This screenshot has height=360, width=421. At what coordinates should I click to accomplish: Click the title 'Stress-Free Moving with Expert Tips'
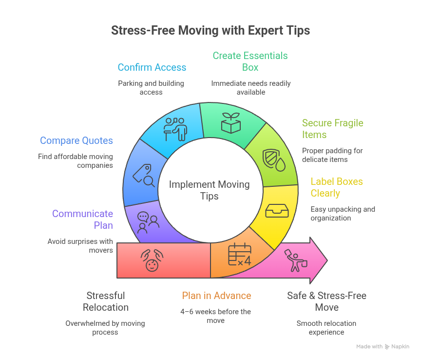click(210, 30)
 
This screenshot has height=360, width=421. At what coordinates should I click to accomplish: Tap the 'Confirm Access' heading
click(152, 67)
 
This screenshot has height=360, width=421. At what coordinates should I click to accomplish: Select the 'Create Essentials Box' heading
click(250, 61)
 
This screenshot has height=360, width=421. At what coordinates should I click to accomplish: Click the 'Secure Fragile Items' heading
click(333, 128)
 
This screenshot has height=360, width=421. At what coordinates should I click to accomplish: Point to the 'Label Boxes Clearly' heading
click(337, 187)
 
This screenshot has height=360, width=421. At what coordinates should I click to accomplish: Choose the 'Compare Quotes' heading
click(77, 140)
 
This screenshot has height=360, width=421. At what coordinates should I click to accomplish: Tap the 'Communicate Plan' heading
click(83, 220)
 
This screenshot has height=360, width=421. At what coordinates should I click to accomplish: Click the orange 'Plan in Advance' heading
click(216, 296)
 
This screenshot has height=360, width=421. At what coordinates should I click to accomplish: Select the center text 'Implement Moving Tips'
click(210, 190)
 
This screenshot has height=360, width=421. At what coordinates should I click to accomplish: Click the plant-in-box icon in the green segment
click(231, 123)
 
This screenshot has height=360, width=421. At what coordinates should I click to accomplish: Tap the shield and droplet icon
click(273, 160)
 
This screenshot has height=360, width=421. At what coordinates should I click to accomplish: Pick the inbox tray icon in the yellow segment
click(277, 211)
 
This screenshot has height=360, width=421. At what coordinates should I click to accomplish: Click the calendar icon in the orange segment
click(240, 254)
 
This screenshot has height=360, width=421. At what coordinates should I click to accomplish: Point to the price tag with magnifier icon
click(144, 175)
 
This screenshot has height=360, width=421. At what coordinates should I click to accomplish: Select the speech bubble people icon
click(148, 222)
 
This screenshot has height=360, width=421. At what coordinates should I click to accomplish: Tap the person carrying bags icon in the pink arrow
click(296, 260)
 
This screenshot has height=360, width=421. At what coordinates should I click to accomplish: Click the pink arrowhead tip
click(327, 260)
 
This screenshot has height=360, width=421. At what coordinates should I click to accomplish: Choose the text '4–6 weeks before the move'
click(215, 316)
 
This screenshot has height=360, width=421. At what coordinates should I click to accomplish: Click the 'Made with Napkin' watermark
click(383, 346)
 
